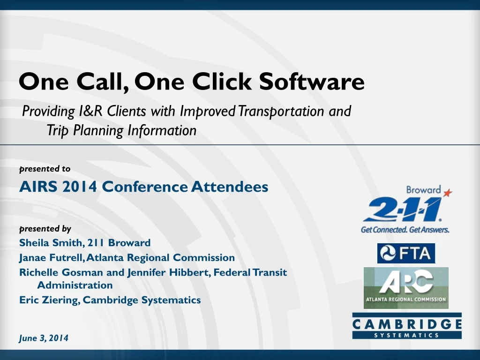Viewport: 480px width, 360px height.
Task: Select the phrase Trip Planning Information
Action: (121, 130)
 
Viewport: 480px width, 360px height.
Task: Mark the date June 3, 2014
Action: (44, 337)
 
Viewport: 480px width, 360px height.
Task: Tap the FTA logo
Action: (406, 254)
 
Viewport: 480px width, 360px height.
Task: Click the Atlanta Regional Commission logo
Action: (406, 288)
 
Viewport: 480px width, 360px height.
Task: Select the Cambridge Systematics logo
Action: (407, 326)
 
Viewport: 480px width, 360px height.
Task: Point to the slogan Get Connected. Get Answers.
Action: (405, 230)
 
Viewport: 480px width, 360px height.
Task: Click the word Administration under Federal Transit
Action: (75, 285)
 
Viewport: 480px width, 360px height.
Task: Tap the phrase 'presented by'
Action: (45, 229)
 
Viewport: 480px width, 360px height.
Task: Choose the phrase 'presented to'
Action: (45, 169)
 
